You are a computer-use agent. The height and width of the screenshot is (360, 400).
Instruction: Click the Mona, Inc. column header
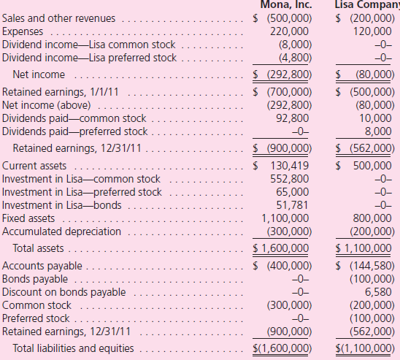point(282,4)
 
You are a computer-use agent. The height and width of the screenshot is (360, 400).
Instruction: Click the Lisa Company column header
point(366,4)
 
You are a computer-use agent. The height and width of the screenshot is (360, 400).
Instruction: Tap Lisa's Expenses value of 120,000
point(372,31)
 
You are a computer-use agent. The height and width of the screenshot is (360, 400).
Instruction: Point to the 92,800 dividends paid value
point(291,119)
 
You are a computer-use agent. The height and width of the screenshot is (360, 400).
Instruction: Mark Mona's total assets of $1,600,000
point(283,248)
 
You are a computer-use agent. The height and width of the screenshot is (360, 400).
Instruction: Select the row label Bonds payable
point(35,279)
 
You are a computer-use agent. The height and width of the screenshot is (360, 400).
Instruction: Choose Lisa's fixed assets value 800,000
point(372,218)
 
